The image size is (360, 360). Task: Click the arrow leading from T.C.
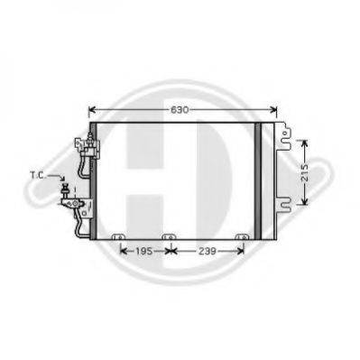[57, 180]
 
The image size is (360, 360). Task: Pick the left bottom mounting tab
[115, 240]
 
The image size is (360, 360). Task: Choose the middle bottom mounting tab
[169, 240]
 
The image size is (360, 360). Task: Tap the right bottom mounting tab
[241, 240]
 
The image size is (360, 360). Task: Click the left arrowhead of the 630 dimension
[91, 111]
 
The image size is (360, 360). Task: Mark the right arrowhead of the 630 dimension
[276, 111]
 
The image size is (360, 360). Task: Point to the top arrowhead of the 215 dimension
[305, 142]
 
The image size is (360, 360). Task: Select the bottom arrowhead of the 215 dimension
[305, 206]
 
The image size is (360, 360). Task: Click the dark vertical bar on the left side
[95, 179]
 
